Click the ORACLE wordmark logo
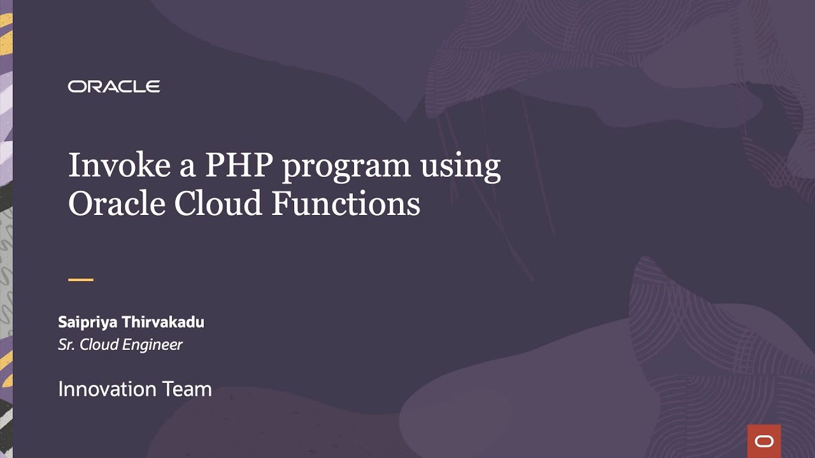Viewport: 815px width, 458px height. point(114,87)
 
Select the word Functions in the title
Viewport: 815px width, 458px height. point(346,204)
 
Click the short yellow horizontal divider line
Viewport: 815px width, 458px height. point(81,279)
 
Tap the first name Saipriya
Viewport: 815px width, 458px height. point(88,323)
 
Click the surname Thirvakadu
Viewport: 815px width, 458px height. point(163,322)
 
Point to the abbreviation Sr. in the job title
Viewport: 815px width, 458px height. point(66,345)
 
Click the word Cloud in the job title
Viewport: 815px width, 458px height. point(99,345)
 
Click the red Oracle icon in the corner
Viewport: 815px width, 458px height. point(763,441)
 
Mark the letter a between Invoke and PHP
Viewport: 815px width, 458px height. point(188,168)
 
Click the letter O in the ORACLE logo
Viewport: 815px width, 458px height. point(76,87)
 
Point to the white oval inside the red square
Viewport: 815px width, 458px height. point(763,441)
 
